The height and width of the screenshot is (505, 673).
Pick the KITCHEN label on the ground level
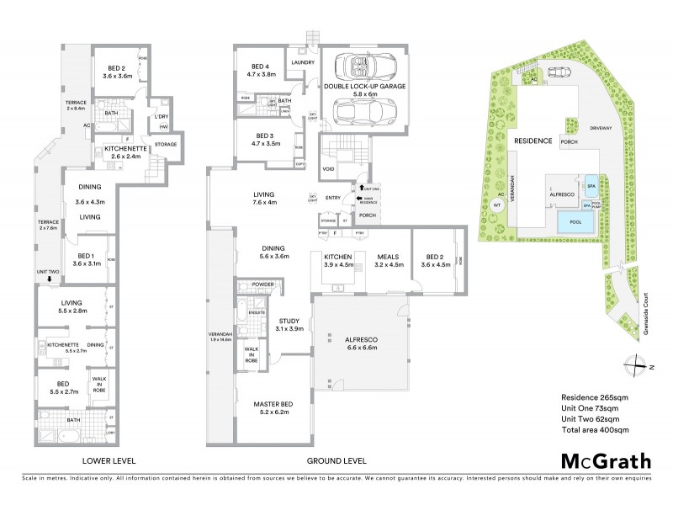coord(337,258)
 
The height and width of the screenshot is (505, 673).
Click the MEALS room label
coord(387,258)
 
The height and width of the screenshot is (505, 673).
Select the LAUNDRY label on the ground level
coord(302,62)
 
